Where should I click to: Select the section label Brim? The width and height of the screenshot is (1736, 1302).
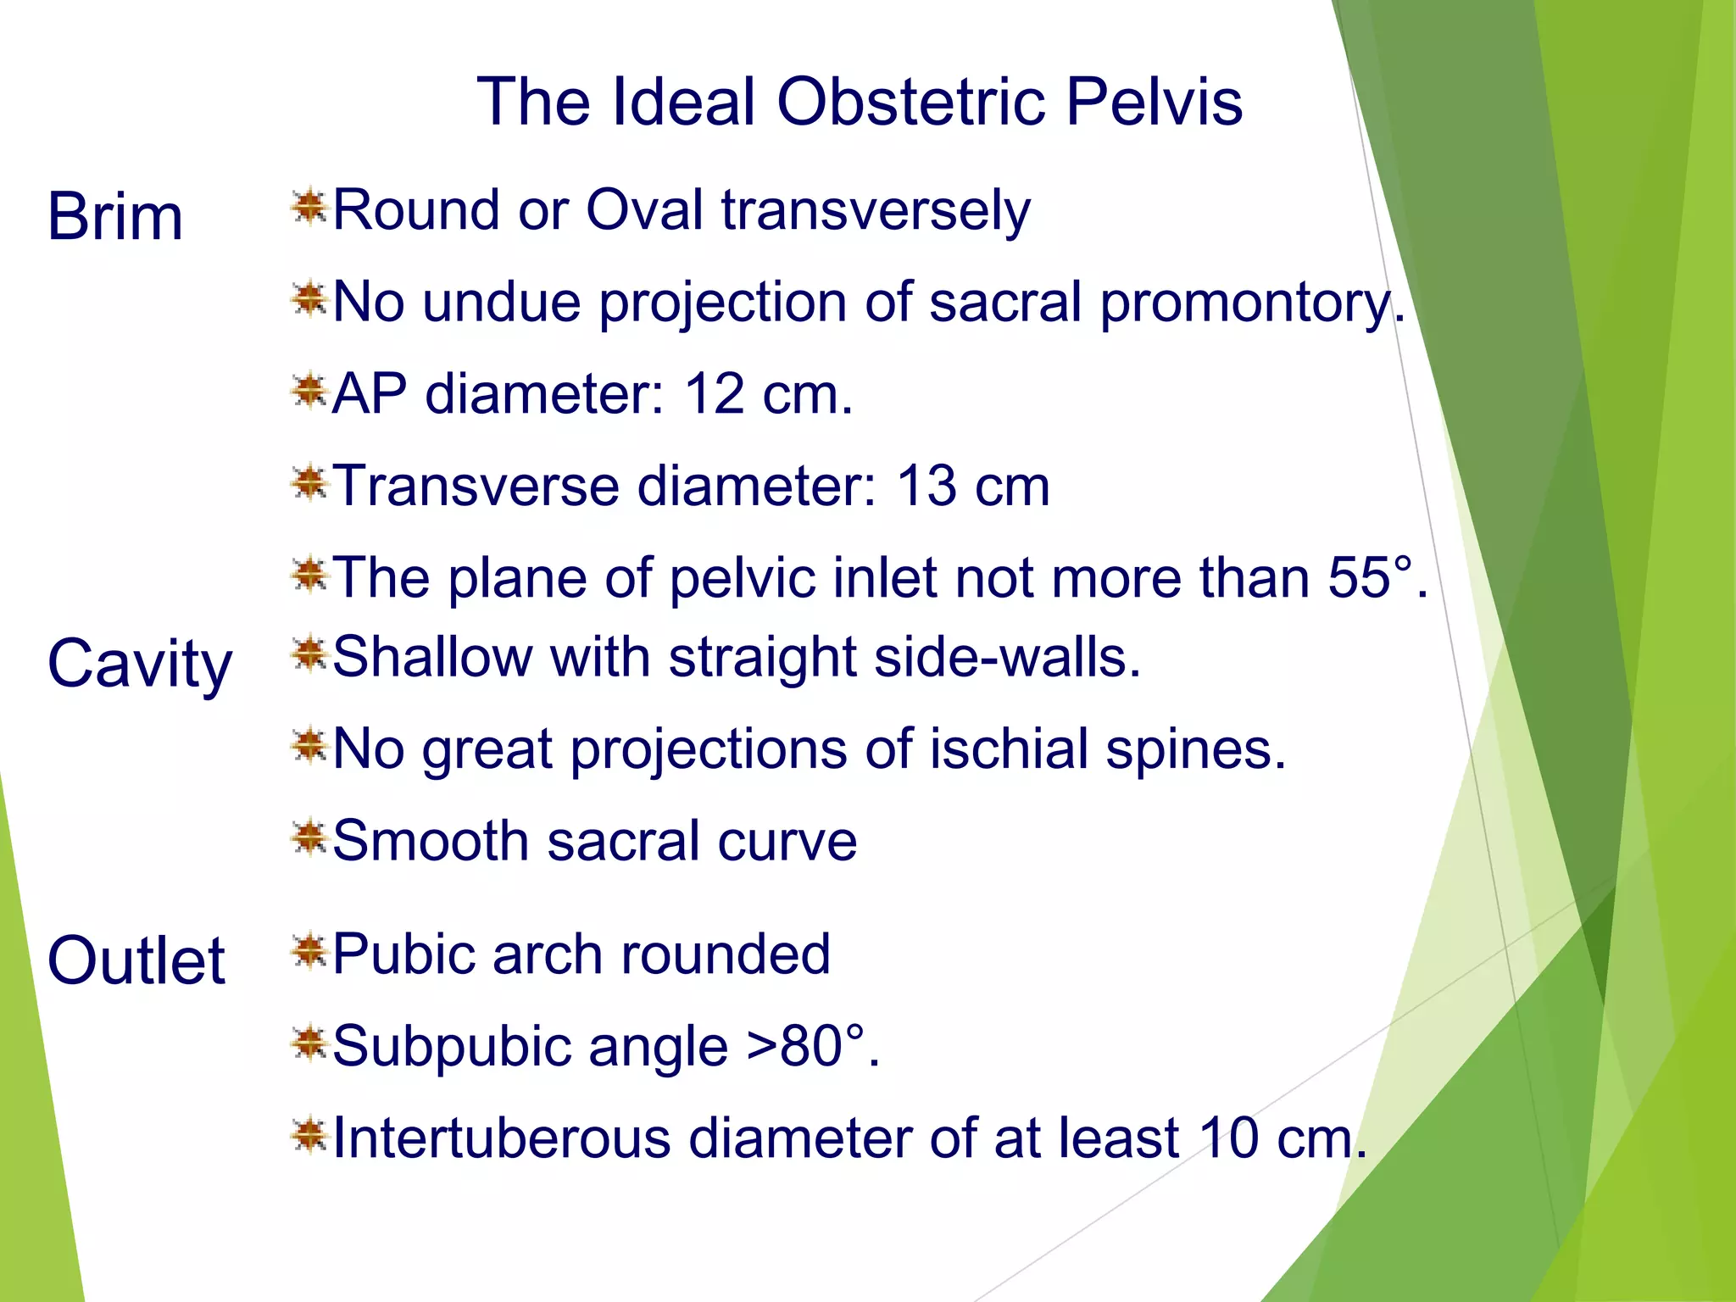pyautogui.click(x=115, y=217)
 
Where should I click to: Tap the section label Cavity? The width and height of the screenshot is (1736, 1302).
pyautogui.click(x=140, y=665)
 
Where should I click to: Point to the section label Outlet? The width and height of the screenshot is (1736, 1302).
pyautogui.click(x=136, y=961)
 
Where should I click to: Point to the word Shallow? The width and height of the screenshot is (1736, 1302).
pyautogui.click(x=431, y=657)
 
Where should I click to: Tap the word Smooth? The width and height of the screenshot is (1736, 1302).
pyautogui.click(x=431, y=841)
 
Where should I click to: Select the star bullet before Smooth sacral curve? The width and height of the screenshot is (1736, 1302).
pyautogui.click(x=309, y=838)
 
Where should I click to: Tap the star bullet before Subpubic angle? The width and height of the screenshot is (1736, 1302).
pyautogui.click(x=309, y=1043)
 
